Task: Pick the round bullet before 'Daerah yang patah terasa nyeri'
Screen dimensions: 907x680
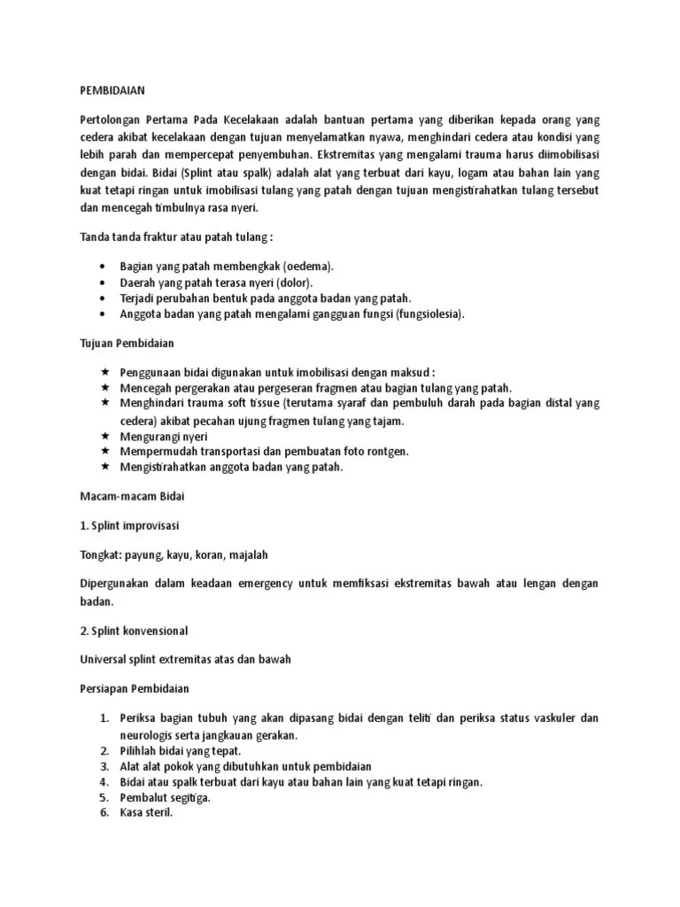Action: [105, 283]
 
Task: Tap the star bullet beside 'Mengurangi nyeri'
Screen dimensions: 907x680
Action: [104, 436]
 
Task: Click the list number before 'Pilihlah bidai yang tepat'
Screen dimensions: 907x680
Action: [104, 751]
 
